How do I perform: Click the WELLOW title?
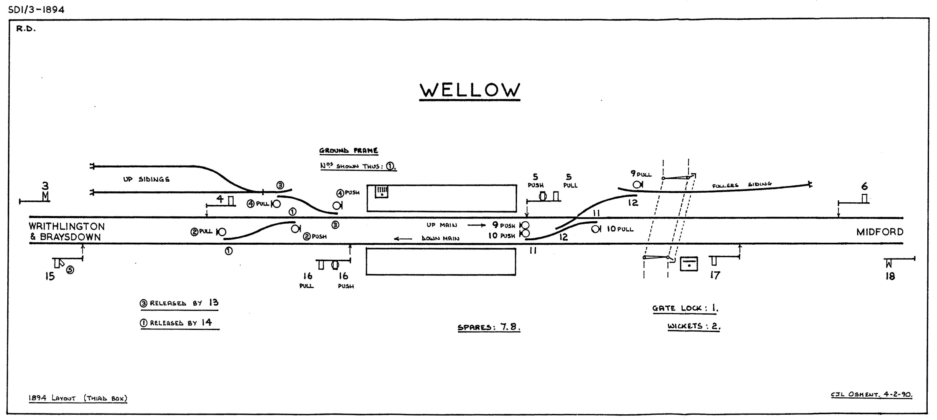(470, 90)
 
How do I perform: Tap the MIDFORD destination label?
(880, 232)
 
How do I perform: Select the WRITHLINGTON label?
(67, 227)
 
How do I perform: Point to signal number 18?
(890, 277)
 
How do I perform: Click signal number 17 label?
(715, 275)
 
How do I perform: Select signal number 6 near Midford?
(864, 187)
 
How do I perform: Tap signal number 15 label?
(50, 277)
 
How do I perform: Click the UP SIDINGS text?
(146, 179)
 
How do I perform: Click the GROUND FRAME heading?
(349, 151)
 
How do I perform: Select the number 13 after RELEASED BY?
(213, 303)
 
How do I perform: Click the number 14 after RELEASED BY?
(207, 322)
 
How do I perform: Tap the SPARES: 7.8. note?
(489, 327)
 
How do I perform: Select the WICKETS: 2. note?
(694, 326)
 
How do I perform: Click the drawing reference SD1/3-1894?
(36, 10)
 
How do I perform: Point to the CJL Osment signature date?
(872, 395)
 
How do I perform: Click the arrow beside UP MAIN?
(476, 225)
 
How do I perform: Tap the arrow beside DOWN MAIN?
(403, 239)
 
